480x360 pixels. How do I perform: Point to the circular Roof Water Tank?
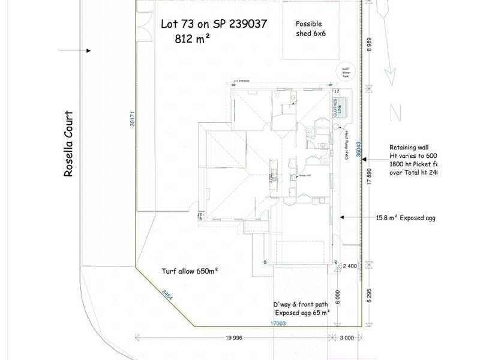click(347, 71)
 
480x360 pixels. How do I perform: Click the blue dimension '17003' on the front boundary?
click(277, 323)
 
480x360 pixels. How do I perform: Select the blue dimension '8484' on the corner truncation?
click(167, 296)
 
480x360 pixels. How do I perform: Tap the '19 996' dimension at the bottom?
click(234, 338)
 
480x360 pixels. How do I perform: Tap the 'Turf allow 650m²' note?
click(190, 271)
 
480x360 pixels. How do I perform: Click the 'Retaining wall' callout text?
click(409, 147)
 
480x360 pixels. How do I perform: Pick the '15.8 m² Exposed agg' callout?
click(404, 218)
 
